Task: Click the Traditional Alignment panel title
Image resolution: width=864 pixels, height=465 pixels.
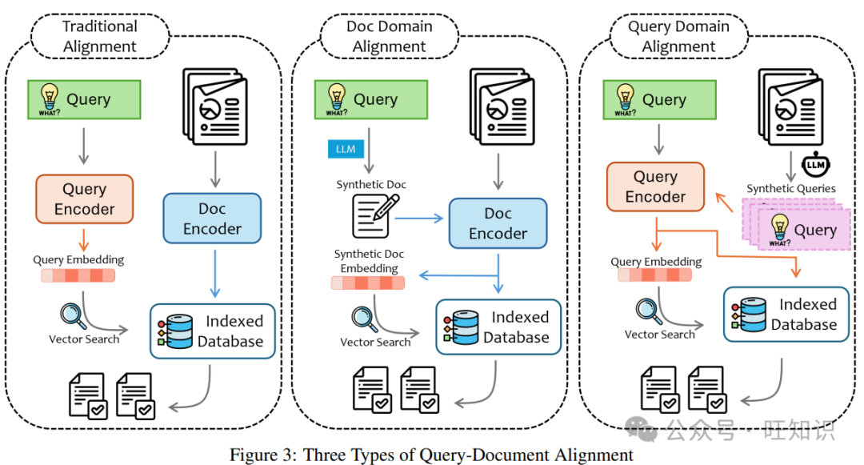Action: click(x=100, y=36)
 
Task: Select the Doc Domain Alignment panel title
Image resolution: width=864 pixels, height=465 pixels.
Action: click(x=389, y=36)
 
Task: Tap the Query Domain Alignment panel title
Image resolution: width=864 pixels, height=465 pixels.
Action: click(x=678, y=36)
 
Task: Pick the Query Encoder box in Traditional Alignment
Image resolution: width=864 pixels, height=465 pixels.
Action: click(x=84, y=199)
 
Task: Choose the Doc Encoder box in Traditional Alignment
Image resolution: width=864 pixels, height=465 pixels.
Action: click(x=212, y=218)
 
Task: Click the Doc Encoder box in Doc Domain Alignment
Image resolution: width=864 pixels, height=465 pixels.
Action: click(x=498, y=223)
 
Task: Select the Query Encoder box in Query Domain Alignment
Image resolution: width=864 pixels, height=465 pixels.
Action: click(x=655, y=186)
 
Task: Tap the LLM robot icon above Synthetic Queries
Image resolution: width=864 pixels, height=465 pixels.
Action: click(x=814, y=166)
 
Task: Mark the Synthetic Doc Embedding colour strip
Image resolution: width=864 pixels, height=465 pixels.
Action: click(x=367, y=283)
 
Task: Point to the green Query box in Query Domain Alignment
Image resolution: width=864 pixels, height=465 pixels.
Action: click(x=651, y=100)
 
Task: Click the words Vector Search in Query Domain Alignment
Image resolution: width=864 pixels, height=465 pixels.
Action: click(x=659, y=335)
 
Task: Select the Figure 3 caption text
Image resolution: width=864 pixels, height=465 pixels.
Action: click(x=431, y=455)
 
